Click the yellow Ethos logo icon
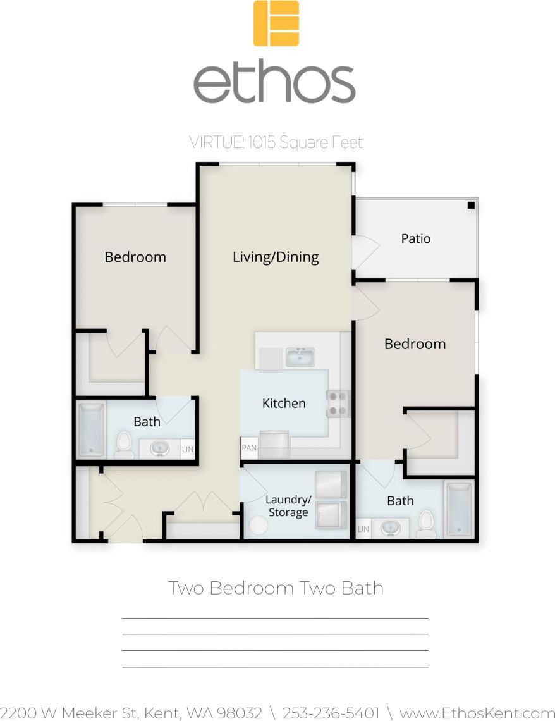[276, 23]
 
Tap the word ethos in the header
[274, 82]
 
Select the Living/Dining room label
[276, 257]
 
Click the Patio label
[416, 238]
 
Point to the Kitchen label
[284, 403]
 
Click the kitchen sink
[300, 357]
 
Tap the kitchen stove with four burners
[338, 404]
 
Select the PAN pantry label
[248, 448]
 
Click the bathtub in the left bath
[91, 429]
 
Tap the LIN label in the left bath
[188, 449]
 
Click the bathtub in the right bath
[459, 510]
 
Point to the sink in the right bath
[390, 527]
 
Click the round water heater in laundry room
[259, 526]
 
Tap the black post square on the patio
[471, 205]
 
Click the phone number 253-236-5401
[331, 713]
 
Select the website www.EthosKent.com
[477, 713]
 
